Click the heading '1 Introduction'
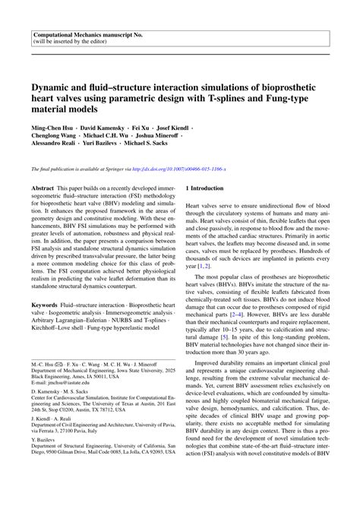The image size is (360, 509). pos(207,208)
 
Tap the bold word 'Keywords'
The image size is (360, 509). pos(45,306)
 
